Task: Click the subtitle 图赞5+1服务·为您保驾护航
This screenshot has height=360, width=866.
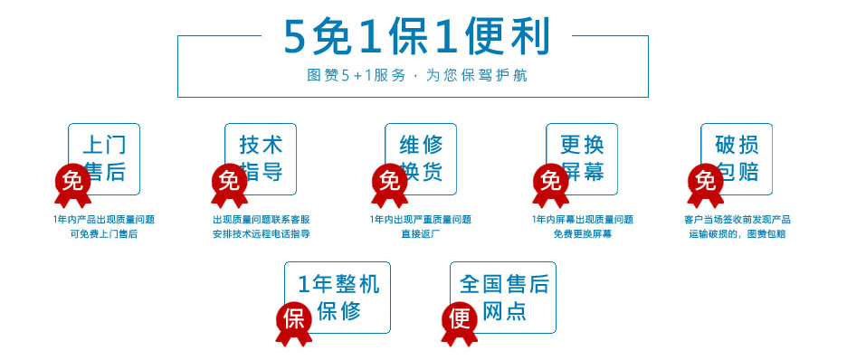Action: (416, 76)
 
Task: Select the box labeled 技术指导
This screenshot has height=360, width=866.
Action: (262, 158)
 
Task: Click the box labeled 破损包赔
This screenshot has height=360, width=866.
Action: (737, 158)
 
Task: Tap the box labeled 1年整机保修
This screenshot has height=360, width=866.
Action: (338, 298)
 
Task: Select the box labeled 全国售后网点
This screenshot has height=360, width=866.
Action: (503, 298)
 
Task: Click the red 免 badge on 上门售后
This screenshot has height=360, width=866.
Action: (71, 180)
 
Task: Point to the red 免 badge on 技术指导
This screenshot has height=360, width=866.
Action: (228, 180)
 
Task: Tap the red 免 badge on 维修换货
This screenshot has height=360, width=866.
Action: (389, 180)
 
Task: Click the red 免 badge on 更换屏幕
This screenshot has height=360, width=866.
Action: (550, 180)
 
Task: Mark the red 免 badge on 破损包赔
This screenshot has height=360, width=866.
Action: (705, 180)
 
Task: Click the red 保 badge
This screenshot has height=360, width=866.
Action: (293, 318)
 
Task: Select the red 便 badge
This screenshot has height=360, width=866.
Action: (459, 318)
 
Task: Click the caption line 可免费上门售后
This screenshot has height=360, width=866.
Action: (104, 234)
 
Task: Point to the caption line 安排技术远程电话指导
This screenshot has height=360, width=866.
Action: (261, 234)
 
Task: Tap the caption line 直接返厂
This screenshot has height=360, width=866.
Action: (420, 234)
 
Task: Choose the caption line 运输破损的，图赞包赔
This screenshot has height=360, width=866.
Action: (737, 234)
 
